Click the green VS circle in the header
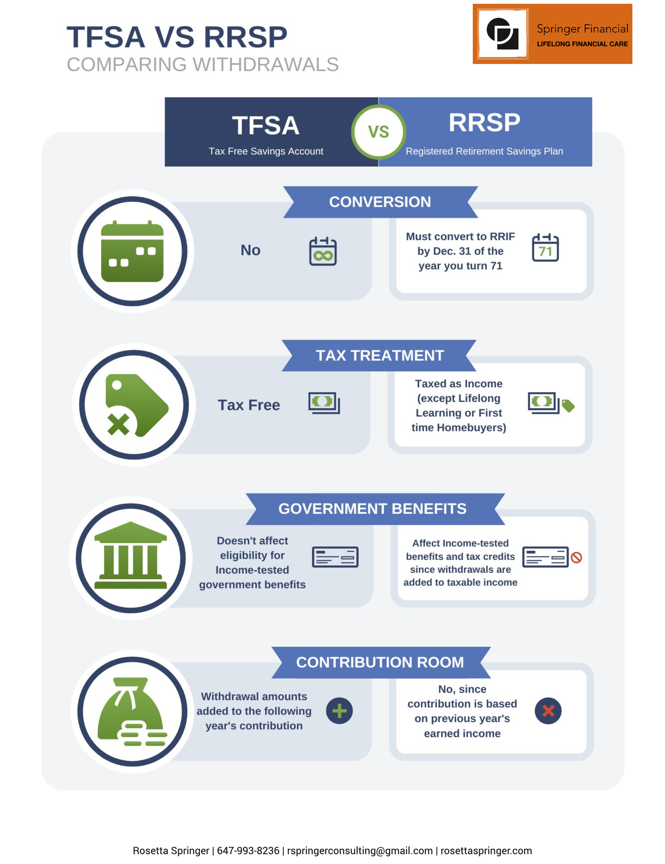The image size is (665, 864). point(378,132)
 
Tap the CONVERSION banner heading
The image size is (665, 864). point(380,202)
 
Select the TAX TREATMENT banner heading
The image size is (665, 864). point(380,355)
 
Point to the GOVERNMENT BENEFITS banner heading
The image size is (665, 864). point(372,508)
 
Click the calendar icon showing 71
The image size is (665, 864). point(545,247)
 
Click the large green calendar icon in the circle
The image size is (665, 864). point(132,251)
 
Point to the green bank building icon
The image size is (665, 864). point(130,555)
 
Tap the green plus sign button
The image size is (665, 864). point(339,710)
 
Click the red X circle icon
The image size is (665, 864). point(548,710)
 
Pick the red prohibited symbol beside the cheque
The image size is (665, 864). point(576,558)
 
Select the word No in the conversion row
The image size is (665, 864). point(250,250)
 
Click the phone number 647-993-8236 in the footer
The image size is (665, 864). point(248,851)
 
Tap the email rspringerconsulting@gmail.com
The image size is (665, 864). point(360,851)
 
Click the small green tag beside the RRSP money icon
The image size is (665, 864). point(568,406)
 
